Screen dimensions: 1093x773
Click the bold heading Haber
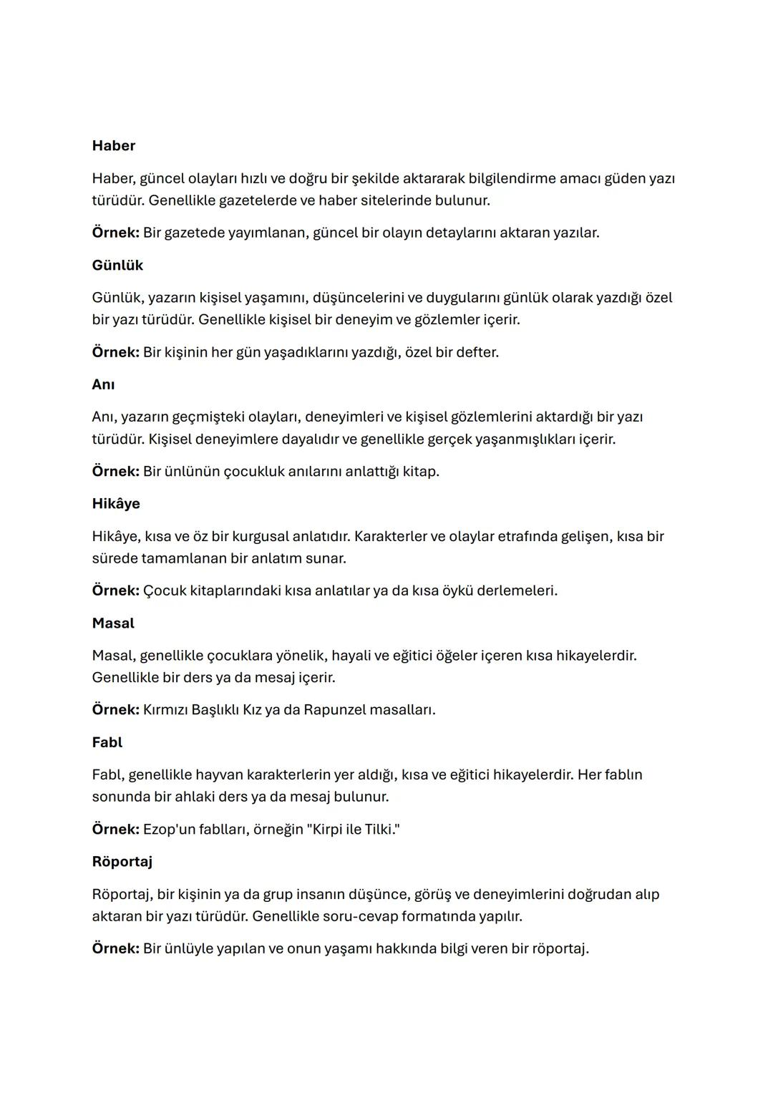pyautogui.click(x=113, y=146)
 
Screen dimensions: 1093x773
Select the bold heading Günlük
pyautogui.click(x=117, y=266)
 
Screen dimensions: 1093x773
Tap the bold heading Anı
pyautogui.click(x=103, y=385)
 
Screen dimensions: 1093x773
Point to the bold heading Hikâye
pyautogui.click(x=116, y=504)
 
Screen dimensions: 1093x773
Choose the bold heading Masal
pyautogui.click(x=113, y=623)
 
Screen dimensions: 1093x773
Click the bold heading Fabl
pyautogui.click(x=107, y=743)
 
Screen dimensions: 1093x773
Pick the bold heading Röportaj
pyautogui.click(x=122, y=862)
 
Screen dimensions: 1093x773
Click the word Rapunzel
pyautogui.click(x=334, y=710)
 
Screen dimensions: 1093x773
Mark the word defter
pyautogui.click(x=476, y=353)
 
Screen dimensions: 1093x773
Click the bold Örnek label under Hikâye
pyautogui.click(x=115, y=591)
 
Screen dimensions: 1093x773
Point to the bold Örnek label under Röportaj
pyautogui.click(x=115, y=949)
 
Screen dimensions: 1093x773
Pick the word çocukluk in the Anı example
pyautogui.click(x=253, y=472)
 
